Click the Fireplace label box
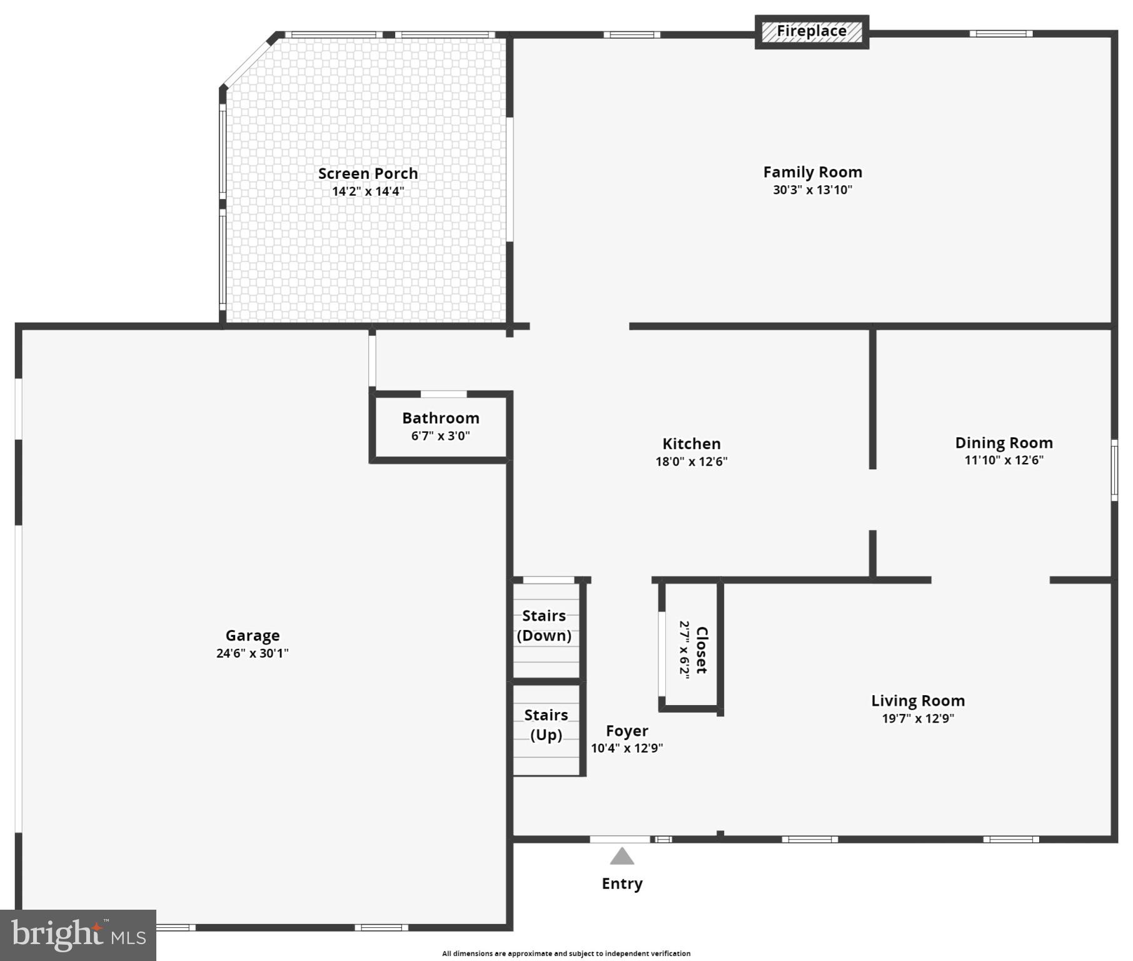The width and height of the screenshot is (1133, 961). pos(812,31)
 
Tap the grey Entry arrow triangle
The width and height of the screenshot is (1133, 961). pos(622,857)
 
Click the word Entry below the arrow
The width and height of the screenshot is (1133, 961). pos(622,883)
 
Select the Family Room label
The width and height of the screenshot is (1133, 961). pos(812,172)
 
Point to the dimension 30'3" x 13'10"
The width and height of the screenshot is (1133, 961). pos(812,190)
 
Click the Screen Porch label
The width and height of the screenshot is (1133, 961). pos(368,173)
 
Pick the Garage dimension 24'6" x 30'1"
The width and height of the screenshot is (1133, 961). pos(252,653)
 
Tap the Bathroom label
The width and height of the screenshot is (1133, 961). pos(440,418)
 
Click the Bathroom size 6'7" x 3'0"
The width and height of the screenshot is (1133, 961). pos(440,435)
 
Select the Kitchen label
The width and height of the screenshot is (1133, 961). pos(691,444)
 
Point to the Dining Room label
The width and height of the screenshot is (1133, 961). pos(1004,443)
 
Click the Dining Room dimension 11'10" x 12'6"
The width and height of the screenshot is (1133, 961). pos(1004,460)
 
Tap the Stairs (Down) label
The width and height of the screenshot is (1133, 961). pos(544,626)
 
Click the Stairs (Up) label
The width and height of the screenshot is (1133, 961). pos(546,725)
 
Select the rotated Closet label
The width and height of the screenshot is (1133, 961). pos(702,649)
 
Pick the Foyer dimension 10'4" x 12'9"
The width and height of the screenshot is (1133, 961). pos(627,748)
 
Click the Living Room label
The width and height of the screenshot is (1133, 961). pos(917,701)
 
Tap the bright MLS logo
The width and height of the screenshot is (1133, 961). pos(78,935)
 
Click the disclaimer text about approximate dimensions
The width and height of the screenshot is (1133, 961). pos(566,953)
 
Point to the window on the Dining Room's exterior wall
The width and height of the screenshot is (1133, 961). pos(1114,470)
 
